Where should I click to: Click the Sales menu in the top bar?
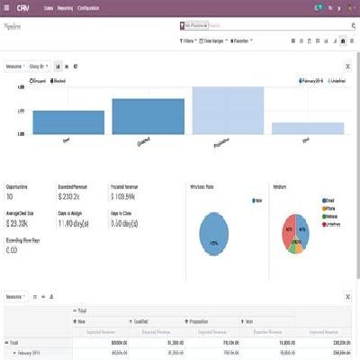point(48,7)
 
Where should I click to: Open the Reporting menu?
point(65,7)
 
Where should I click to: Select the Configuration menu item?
point(88,7)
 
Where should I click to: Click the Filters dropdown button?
point(187,40)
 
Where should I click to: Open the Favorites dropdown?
point(239,40)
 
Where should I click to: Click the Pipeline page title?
point(14,27)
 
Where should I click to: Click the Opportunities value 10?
point(10,195)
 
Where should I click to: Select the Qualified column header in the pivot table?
point(143,320)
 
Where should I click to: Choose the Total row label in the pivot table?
point(13,343)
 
